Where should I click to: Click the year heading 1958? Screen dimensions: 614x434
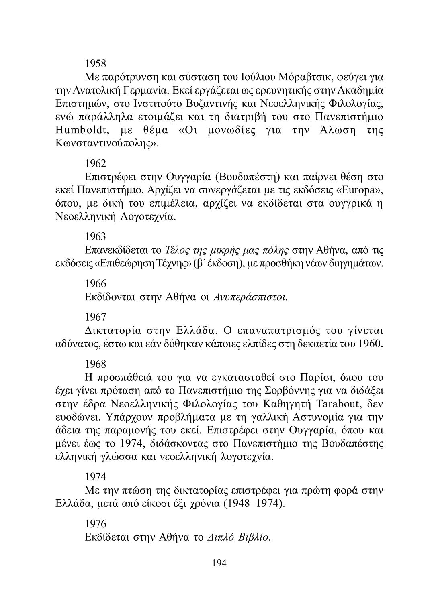pos(96,63)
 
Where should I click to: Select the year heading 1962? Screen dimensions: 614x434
pos(96,163)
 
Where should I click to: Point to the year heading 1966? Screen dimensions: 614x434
pos(96,283)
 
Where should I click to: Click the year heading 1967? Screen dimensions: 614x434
pos(96,317)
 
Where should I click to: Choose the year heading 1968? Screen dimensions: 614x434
pos(96,364)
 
